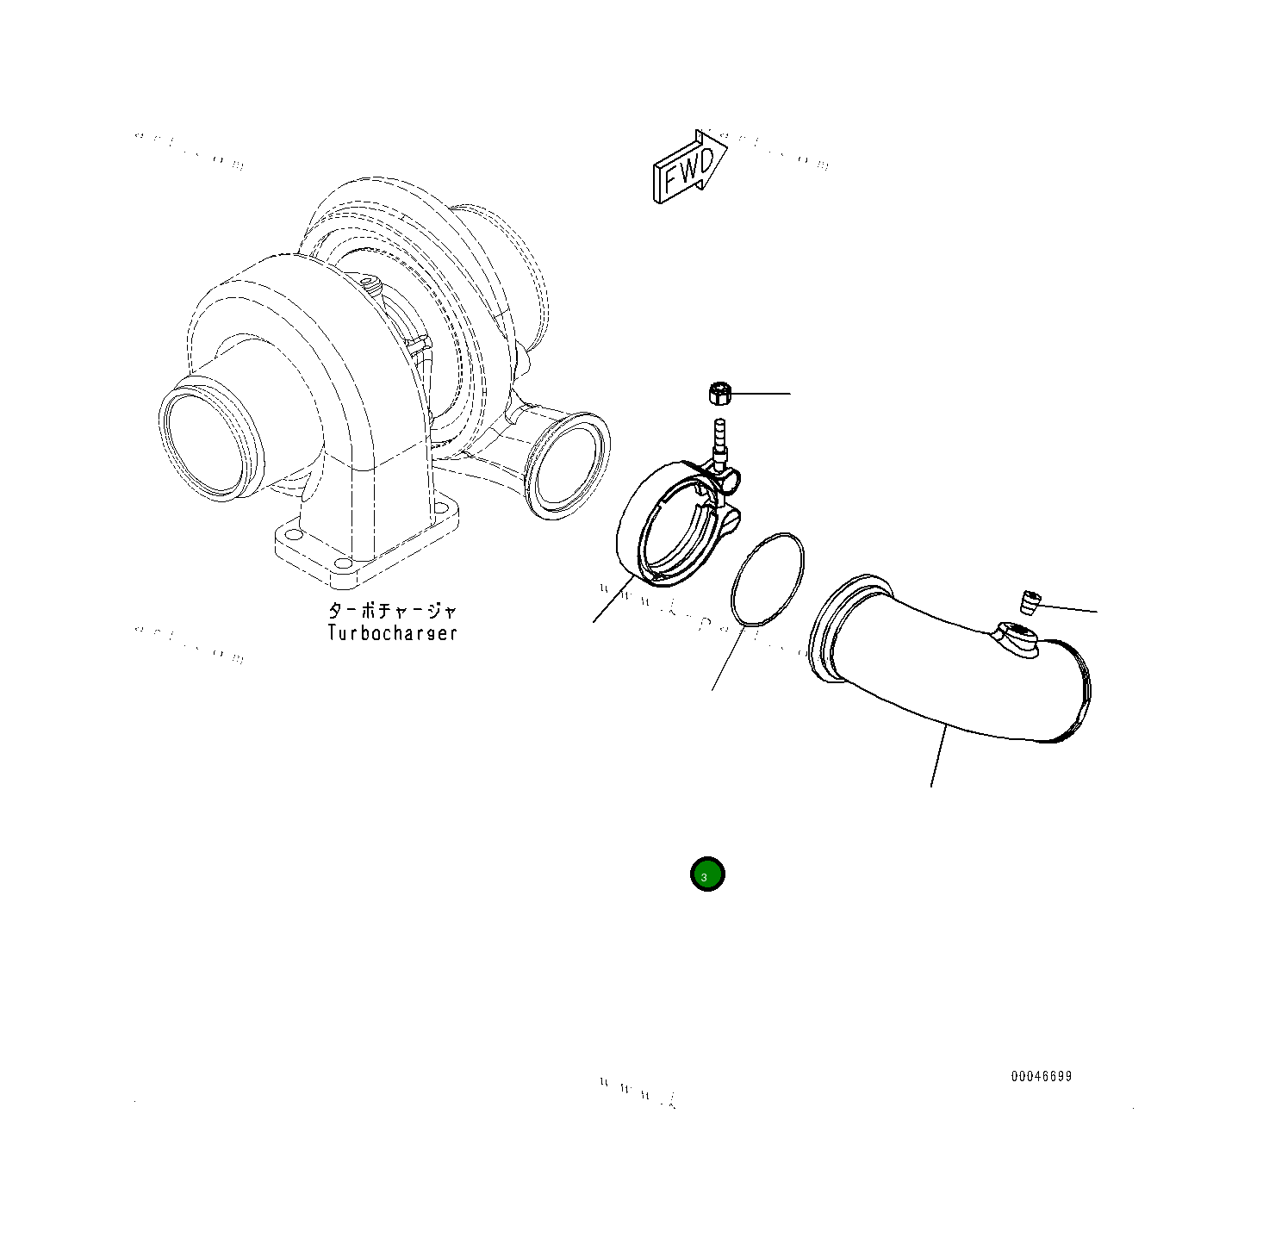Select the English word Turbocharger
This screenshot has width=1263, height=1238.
point(392,633)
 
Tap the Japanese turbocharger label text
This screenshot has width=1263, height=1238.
point(392,611)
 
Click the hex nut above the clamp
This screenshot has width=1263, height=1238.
point(719,395)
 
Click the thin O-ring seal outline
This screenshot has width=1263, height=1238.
point(767,578)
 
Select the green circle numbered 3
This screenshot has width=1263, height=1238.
point(707,875)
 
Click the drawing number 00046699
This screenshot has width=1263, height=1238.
point(1042,1077)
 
